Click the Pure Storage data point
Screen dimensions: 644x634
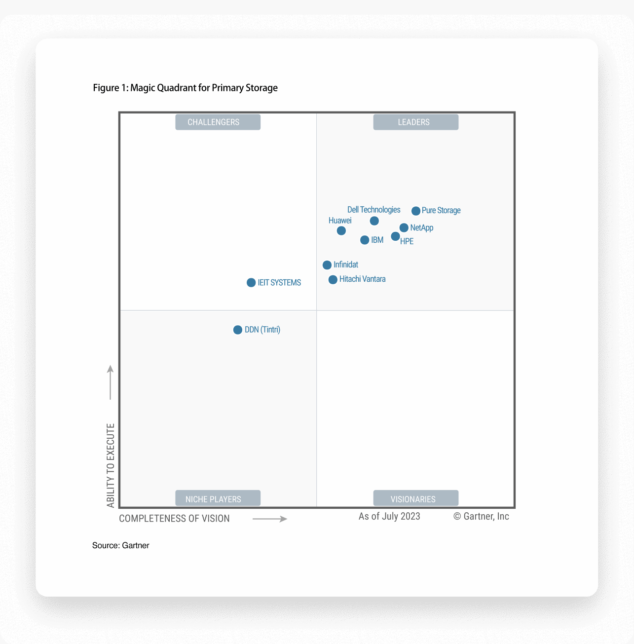click(416, 211)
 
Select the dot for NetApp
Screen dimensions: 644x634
click(404, 227)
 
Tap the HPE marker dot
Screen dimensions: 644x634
click(395, 236)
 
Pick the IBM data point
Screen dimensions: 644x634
click(365, 240)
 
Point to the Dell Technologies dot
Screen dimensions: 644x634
click(374, 221)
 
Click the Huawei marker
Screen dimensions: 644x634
click(341, 230)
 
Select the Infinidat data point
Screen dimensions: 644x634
click(327, 265)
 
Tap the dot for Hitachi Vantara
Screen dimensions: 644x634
click(333, 279)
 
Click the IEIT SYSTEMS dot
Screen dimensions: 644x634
click(251, 283)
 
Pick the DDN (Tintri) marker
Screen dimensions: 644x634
click(238, 330)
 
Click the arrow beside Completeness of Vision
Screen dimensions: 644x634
click(269, 519)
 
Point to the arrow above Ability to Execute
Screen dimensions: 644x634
click(111, 382)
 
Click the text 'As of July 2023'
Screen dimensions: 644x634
click(389, 516)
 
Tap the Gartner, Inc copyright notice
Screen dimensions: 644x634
click(481, 516)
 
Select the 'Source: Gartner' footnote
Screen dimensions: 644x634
click(120, 545)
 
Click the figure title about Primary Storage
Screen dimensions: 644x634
click(185, 88)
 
